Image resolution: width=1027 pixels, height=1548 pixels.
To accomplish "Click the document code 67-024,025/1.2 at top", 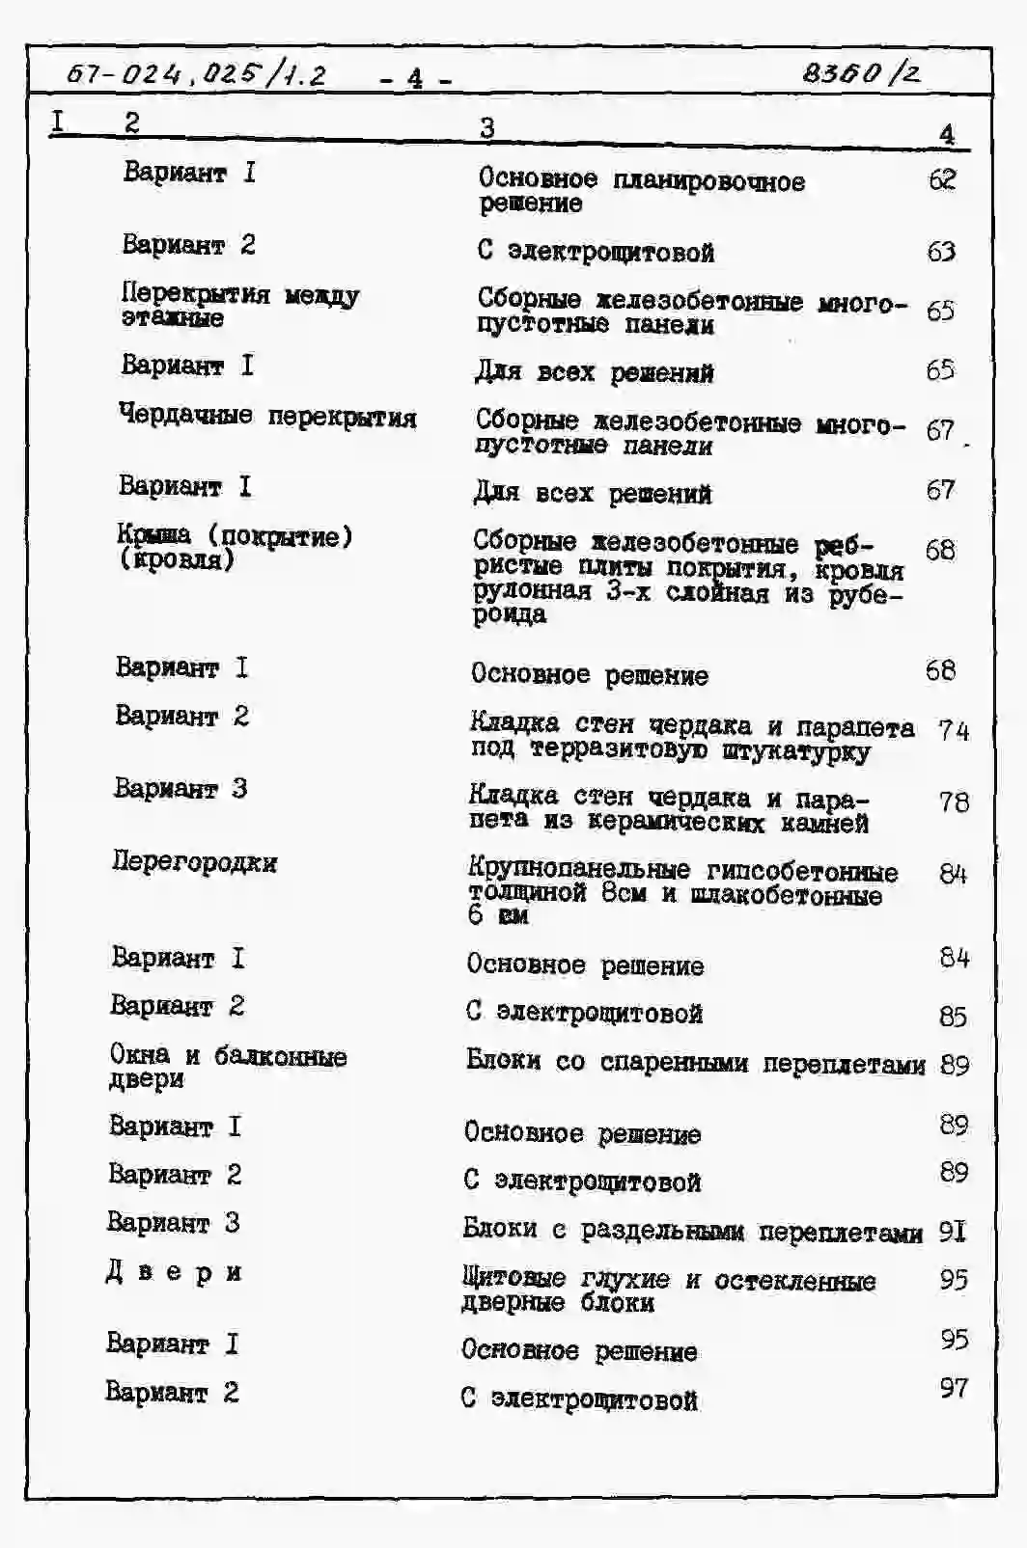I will click(197, 73).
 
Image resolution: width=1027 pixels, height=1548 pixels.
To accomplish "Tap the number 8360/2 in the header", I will click(861, 72).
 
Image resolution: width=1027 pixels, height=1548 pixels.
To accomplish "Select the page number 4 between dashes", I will click(415, 78).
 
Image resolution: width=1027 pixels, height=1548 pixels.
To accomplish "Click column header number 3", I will click(487, 126).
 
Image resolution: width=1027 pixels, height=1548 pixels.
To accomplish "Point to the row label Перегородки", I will click(195, 861).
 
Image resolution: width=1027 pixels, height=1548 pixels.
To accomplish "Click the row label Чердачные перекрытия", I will click(267, 416).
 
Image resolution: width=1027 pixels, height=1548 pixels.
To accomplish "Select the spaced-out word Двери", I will click(174, 1272).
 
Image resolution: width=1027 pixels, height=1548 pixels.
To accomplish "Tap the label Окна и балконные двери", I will click(228, 1066).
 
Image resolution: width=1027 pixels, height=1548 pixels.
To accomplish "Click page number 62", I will click(942, 179).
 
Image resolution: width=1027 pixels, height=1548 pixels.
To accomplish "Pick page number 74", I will click(953, 730).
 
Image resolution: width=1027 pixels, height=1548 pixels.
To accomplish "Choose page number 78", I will click(953, 801).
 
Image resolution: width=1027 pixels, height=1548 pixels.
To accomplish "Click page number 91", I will click(953, 1232).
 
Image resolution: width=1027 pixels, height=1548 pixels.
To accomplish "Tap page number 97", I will click(954, 1388).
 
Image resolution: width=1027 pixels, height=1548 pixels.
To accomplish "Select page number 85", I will click(954, 1016).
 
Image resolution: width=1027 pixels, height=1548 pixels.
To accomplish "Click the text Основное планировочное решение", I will click(641, 190).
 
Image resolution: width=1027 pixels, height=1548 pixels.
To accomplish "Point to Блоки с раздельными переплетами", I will click(692, 1231).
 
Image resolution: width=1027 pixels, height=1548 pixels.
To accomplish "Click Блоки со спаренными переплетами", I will click(695, 1062).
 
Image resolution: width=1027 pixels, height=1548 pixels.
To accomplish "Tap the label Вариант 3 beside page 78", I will click(180, 788).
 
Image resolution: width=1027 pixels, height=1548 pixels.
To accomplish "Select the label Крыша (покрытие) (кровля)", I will click(235, 547).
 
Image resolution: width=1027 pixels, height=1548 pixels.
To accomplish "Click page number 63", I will click(941, 252).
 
